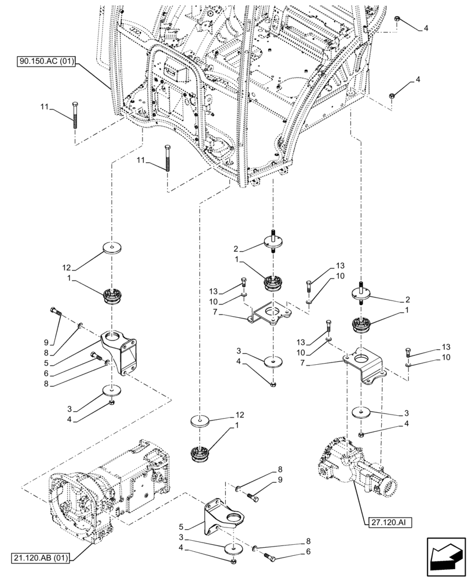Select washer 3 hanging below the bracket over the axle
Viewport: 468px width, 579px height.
point(362,413)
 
